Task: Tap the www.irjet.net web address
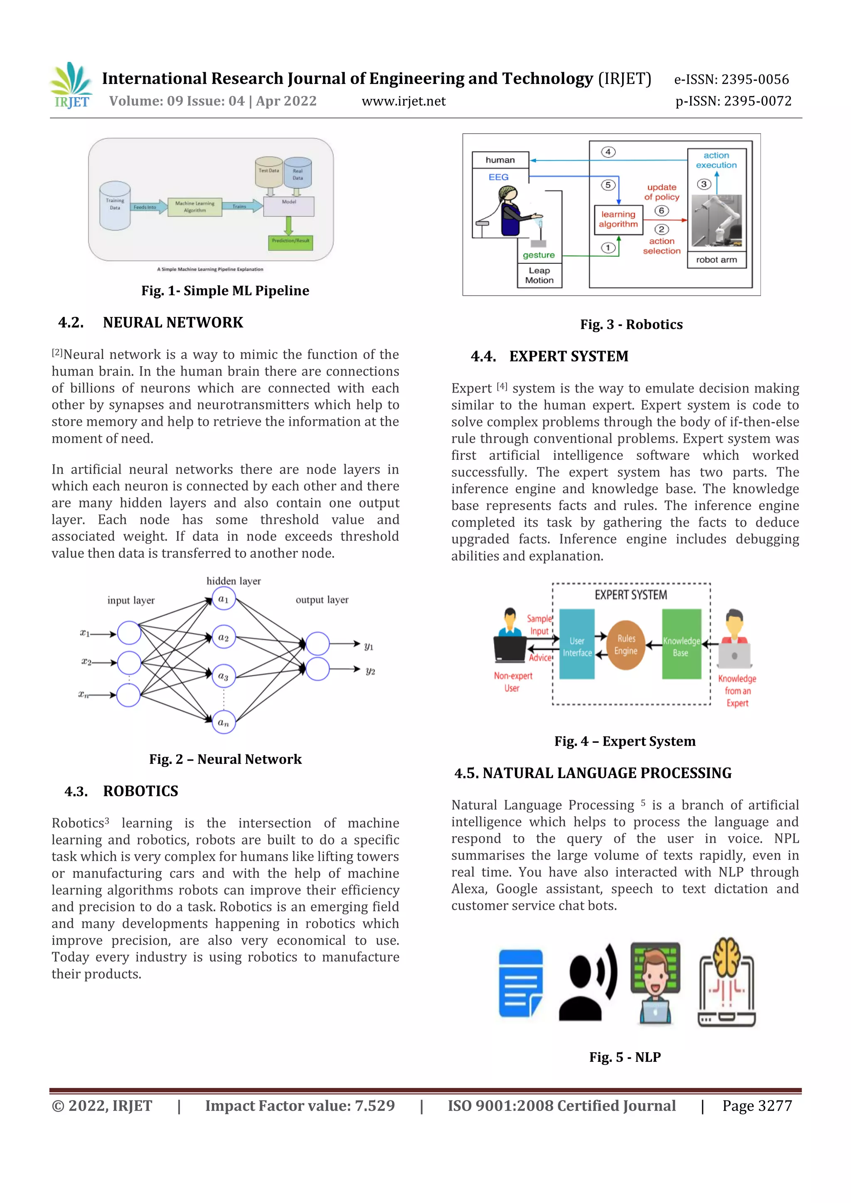[x=403, y=101]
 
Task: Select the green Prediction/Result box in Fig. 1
[x=290, y=241]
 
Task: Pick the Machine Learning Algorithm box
[x=194, y=207]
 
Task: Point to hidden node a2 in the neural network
[x=224, y=638]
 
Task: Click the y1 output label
[x=369, y=646]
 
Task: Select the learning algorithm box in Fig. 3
[x=618, y=219]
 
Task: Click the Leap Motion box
[x=539, y=275]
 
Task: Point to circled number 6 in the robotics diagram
[x=661, y=211]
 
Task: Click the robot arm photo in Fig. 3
[x=716, y=221]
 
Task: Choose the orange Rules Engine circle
[x=626, y=645]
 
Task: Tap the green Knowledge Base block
[x=681, y=644]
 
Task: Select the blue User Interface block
[x=577, y=644]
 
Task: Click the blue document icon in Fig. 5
[x=520, y=983]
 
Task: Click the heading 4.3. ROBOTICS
[x=122, y=791]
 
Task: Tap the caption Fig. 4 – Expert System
[x=625, y=741]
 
